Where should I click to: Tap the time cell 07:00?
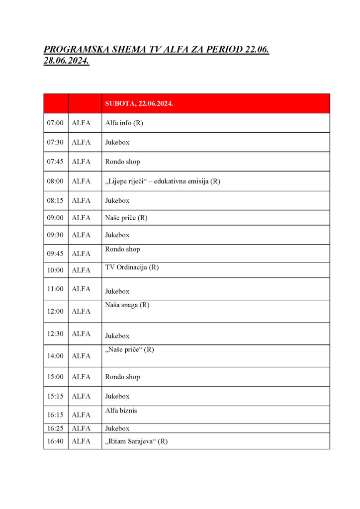[x=55, y=123]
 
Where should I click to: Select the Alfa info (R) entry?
[x=124, y=123]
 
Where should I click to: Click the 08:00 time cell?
[x=55, y=181]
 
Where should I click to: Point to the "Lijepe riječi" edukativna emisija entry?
[x=162, y=181]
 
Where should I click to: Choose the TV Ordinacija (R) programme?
[x=132, y=267]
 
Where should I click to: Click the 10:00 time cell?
[x=55, y=270]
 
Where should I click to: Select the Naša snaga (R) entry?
[x=127, y=305]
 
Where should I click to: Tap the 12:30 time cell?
[x=55, y=334]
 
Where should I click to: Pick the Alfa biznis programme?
[x=121, y=411]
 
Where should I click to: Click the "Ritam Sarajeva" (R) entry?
[x=136, y=441]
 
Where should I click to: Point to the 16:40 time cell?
[x=55, y=441]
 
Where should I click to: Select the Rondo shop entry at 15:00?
[x=122, y=377]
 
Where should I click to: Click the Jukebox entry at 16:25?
[x=117, y=428]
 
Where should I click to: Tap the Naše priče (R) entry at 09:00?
[x=126, y=218]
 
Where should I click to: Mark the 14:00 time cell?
[x=55, y=356]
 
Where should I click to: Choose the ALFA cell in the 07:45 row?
[x=81, y=162]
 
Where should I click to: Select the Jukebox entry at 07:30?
[x=117, y=142]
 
